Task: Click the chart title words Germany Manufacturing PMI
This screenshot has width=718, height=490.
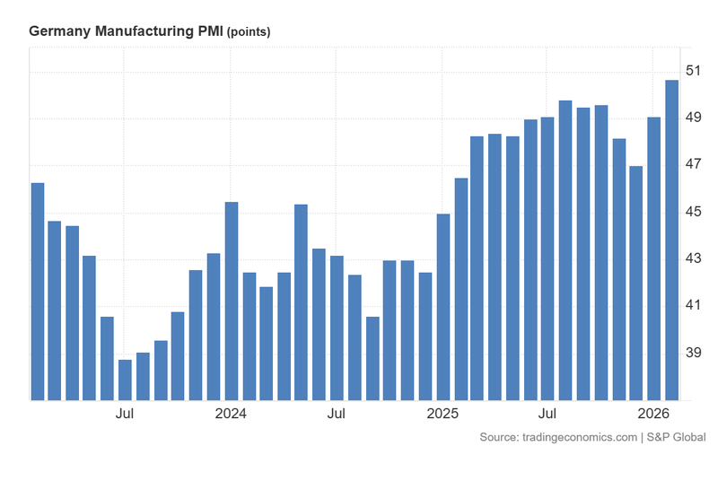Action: (126, 31)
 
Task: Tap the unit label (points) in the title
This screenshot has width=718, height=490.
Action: (249, 32)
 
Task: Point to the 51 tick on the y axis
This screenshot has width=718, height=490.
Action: (694, 71)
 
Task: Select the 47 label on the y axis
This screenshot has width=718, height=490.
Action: (694, 164)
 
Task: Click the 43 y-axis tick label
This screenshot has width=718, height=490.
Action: (694, 258)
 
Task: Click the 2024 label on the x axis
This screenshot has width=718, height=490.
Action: (231, 414)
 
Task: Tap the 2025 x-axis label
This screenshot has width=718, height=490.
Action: (442, 414)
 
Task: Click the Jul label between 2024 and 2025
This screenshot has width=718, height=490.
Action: (337, 414)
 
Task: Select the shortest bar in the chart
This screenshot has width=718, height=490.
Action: (125, 379)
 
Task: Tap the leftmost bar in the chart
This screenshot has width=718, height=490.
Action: (37, 291)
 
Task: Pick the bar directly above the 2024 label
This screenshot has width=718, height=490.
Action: (231, 301)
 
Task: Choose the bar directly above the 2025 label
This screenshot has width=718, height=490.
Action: (442, 306)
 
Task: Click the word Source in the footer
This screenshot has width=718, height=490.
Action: (498, 437)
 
